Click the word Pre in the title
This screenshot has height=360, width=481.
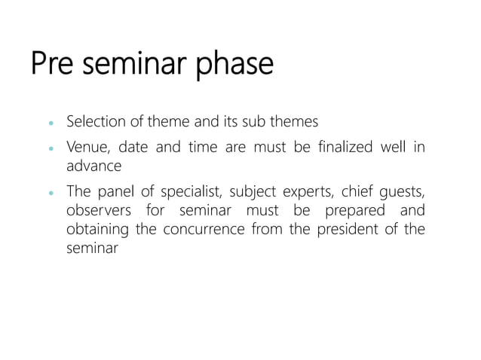click(55, 64)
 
